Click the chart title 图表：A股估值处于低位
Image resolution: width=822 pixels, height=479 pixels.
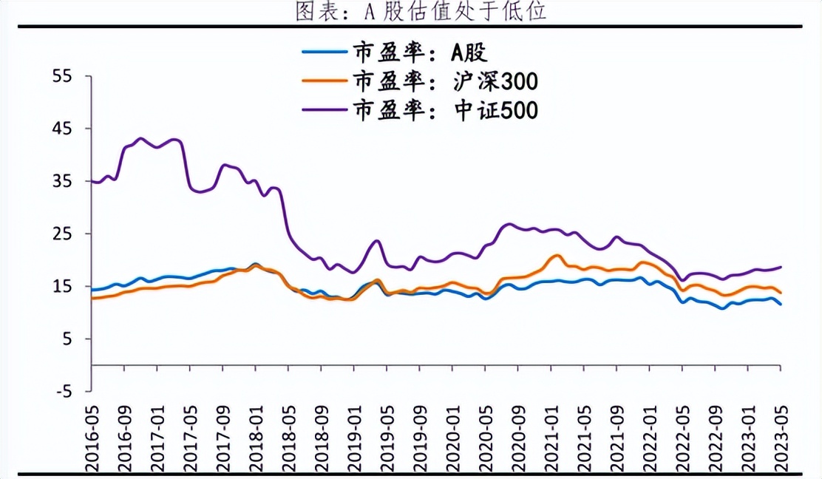point(410,11)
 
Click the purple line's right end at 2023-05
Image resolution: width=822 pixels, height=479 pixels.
point(781,267)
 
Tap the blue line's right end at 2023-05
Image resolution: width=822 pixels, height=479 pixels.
point(781,305)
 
